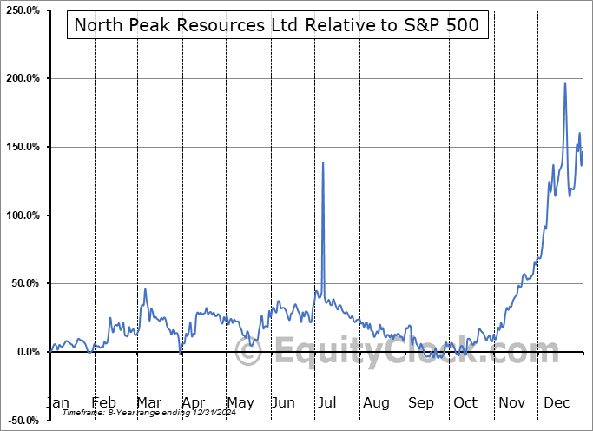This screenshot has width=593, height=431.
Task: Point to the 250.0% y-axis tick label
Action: tap(24, 10)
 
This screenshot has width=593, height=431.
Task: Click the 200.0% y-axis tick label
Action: tap(24, 78)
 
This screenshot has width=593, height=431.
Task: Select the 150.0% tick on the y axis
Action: tap(24, 147)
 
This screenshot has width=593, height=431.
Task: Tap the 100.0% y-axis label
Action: tap(24, 215)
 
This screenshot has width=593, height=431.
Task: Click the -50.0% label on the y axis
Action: tap(24, 421)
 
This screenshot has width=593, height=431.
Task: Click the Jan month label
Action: tap(56, 403)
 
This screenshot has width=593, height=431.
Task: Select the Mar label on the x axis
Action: tap(148, 403)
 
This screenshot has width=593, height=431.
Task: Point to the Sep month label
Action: tap(421, 403)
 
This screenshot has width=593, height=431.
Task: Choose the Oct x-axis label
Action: tap(466, 403)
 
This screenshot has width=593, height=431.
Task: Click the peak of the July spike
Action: tap(323, 162)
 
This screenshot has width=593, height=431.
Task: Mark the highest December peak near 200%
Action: tap(565, 83)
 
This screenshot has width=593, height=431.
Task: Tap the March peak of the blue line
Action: tap(145, 289)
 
